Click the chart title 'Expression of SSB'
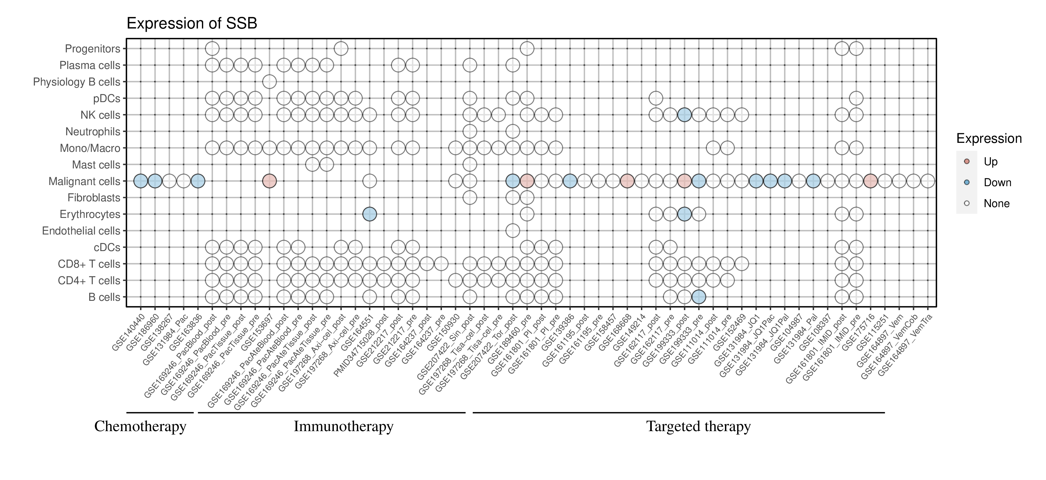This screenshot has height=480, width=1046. click(192, 23)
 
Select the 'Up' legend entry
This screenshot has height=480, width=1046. click(983, 161)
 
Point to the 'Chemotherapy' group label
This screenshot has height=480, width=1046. click(140, 426)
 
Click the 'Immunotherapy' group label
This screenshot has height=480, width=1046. click(343, 426)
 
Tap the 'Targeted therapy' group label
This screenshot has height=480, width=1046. click(698, 426)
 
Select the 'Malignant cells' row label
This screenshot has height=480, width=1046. click(85, 181)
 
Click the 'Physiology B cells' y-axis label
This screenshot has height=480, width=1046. click(77, 82)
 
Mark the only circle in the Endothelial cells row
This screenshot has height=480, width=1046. click(513, 231)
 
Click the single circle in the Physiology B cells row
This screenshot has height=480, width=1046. click(270, 82)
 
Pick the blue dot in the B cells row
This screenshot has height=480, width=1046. click(698, 297)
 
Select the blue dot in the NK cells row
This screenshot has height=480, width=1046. click(684, 115)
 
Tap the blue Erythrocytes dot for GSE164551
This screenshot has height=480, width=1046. click(370, 214)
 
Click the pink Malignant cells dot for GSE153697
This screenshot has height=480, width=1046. click(270, 181)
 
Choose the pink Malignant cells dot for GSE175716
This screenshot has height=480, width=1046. click(870, 181)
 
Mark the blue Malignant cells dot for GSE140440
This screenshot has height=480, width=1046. click(141, 181)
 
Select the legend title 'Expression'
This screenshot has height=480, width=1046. click(989, 138)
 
